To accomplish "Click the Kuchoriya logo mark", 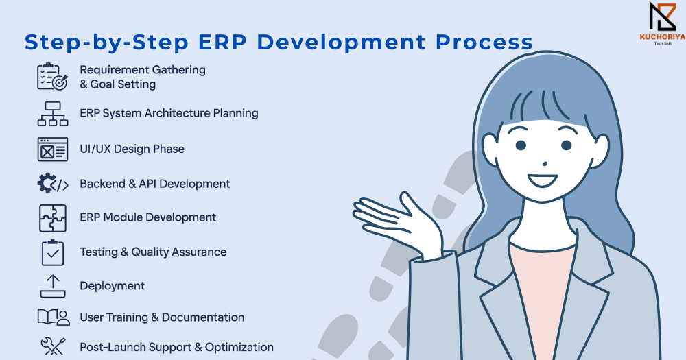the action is (663, 17).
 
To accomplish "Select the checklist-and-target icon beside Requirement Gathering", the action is (53, 77).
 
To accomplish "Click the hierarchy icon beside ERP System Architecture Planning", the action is (53, 114).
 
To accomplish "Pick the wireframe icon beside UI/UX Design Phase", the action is (53, 149).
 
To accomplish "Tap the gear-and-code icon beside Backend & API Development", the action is (53, 183).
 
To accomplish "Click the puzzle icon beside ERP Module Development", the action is (53, 218).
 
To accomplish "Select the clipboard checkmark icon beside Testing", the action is (53, 252).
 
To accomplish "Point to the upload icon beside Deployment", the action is (53, 286).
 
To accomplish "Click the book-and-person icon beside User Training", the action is (54, 317).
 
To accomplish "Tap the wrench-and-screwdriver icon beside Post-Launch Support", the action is (53, 346).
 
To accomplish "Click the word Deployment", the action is (112, 286).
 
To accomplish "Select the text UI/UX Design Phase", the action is (132, 149).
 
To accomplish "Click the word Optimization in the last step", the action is (239, 348).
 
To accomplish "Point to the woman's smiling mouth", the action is (543, 180).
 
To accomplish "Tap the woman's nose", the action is (545, 164).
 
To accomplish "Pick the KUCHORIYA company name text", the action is (663, 37).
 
